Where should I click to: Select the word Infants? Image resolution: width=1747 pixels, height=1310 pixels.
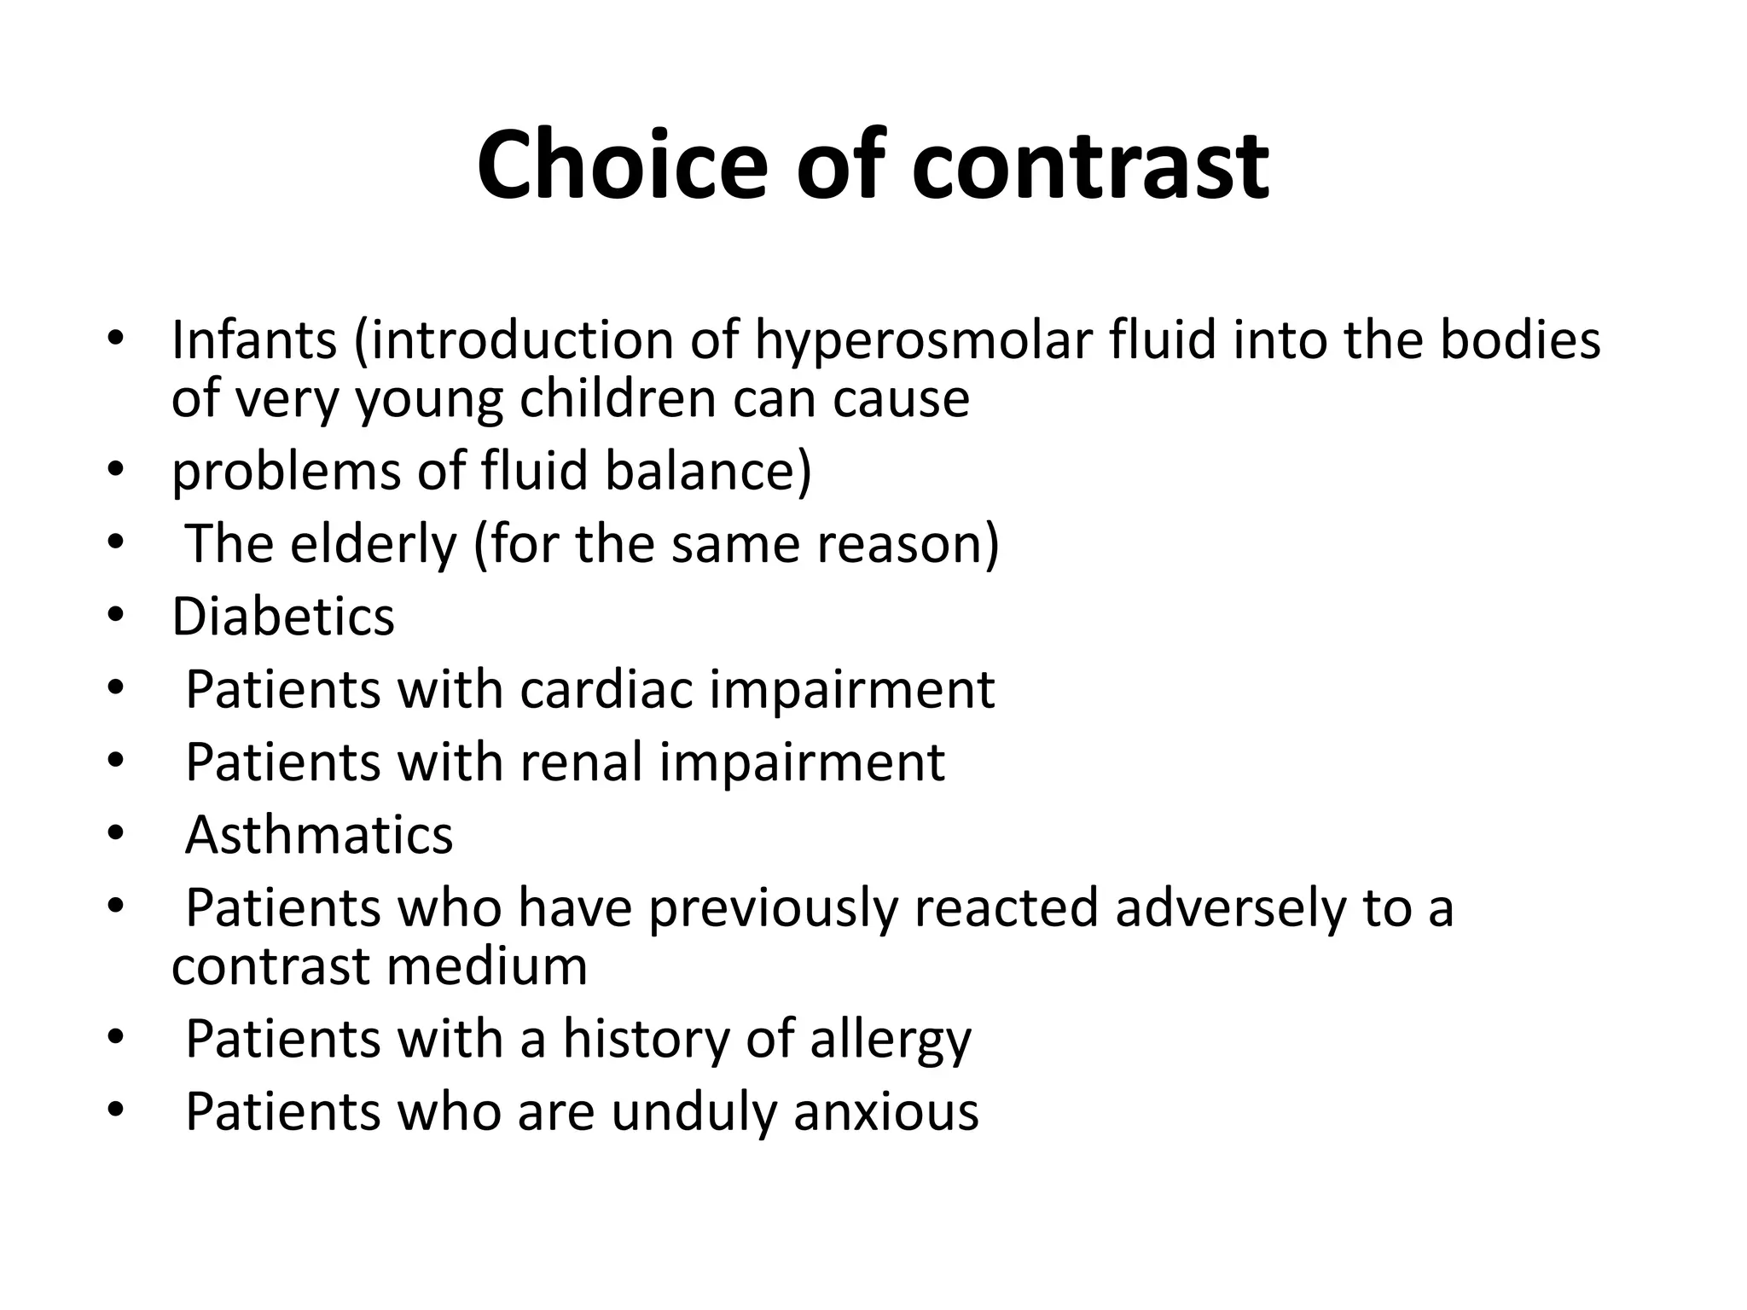(x=254, y=339)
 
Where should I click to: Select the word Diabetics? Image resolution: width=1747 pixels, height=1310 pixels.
(x=283, y=617)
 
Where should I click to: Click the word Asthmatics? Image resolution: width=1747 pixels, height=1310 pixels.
(x=319, y=835)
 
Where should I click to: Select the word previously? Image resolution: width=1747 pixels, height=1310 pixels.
(x=773, y=907)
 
